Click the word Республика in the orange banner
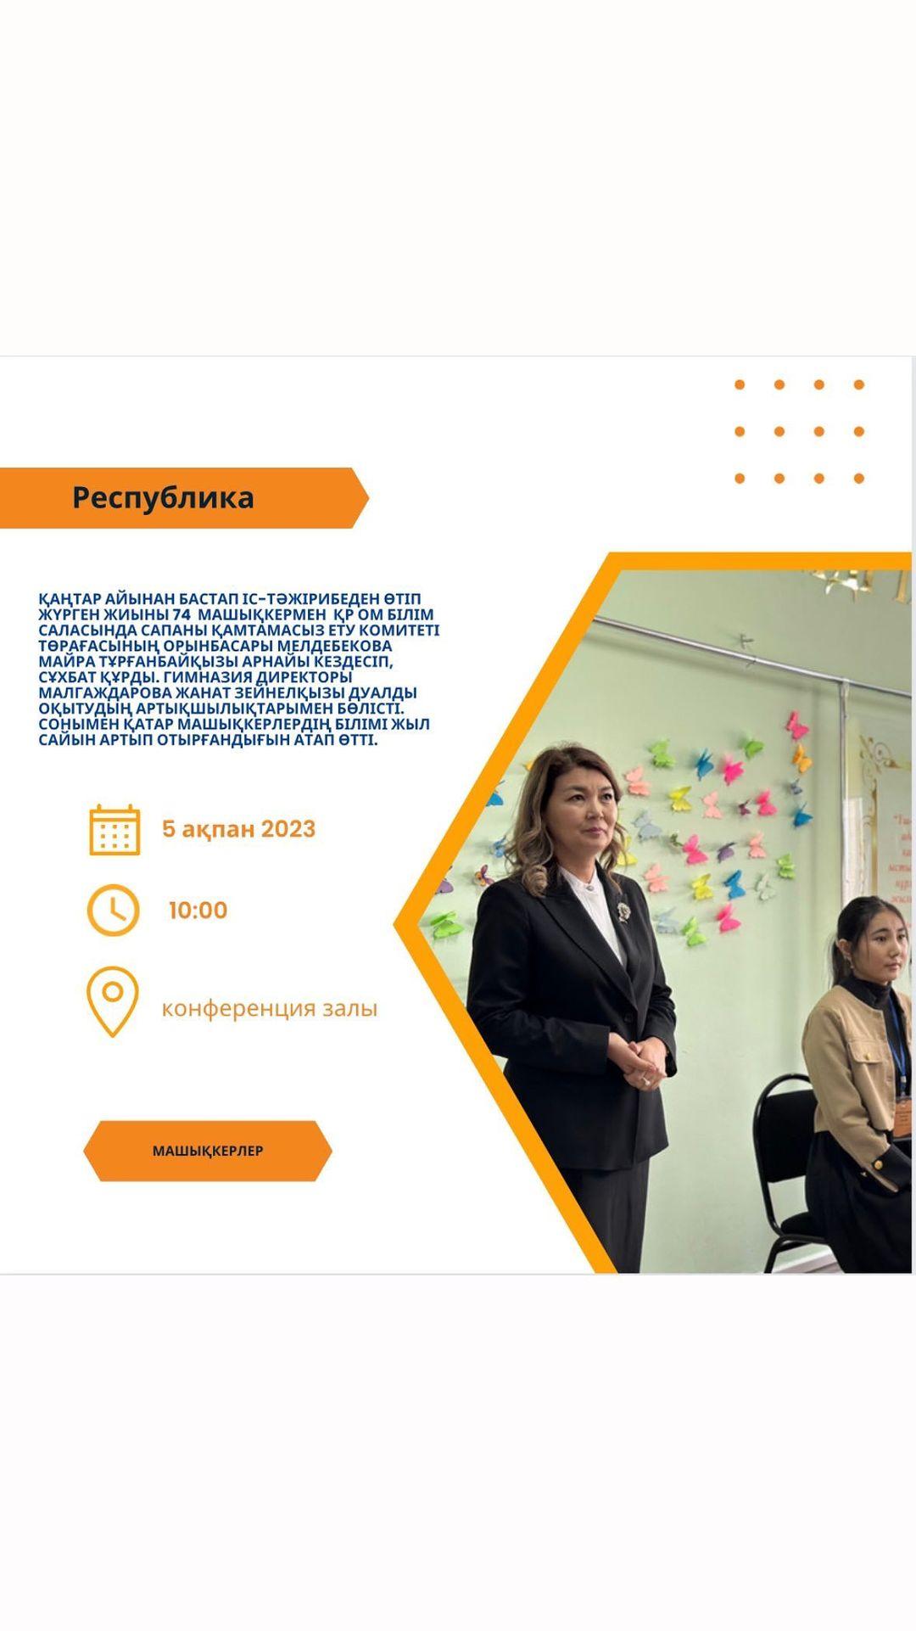pos(163,497)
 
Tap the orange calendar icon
pos(114,830)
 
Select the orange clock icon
pos(113,910)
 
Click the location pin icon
pos(112,1001)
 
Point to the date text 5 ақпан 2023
pos(238,829)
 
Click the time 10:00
pos(198,911)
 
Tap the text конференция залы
pos(269,1008)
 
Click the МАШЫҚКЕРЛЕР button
pos(208,1151)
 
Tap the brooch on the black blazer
pos(624,911)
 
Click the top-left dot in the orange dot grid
pos(740,384)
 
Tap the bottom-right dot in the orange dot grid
pos(859,479)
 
